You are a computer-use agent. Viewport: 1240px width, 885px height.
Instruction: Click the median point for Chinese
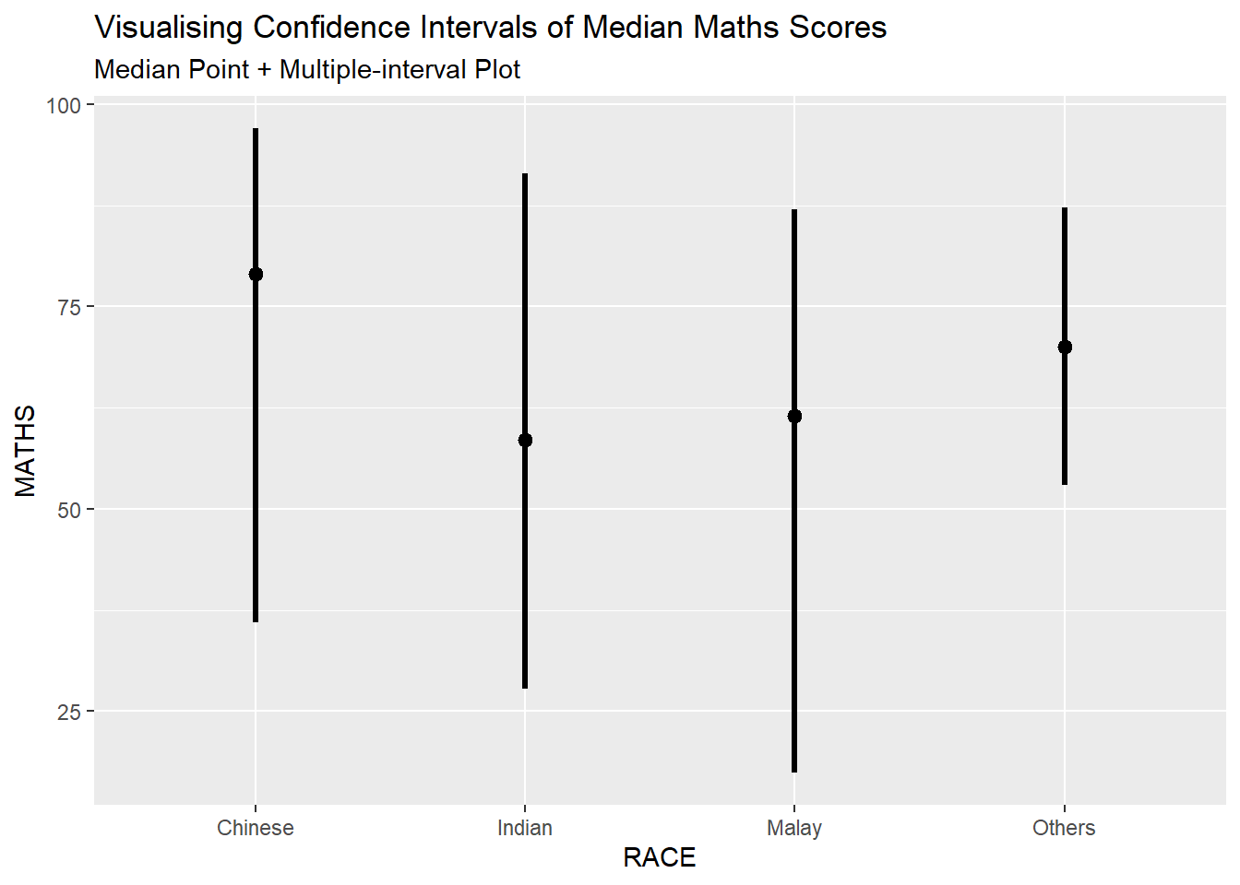tap(256, 274)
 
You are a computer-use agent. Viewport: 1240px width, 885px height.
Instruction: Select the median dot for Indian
tap(525, 440)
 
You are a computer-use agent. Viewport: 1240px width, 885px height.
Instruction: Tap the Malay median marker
tap(794, 416)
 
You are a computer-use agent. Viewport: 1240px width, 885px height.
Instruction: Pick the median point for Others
tap(1065, 347)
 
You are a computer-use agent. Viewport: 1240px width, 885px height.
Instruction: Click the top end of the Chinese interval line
tap(256, 130)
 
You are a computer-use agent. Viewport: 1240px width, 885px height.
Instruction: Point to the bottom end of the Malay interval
tap(794, 771)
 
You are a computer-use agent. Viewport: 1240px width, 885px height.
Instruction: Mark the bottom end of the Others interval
tap(1065, 483)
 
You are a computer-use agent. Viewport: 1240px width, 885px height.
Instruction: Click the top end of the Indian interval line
tap(525, 175)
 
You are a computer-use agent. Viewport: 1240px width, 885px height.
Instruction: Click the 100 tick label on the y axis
tap(64, 105)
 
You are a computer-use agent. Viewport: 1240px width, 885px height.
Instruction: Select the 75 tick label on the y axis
tap(69, 307)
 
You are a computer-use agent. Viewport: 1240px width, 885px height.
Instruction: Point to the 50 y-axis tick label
tap(69, 510)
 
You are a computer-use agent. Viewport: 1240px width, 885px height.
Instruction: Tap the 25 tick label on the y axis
tap(69, 712)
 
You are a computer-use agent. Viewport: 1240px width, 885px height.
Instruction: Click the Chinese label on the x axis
tap(256, 828)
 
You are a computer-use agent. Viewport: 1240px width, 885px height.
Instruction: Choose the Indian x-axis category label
tap(525, 828)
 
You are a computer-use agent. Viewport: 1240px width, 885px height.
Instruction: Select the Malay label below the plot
tap(794, 828)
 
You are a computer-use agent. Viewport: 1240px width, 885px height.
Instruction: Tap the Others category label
tap(1064, 828)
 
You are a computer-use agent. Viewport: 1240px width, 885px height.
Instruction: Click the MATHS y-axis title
tap(26, 451)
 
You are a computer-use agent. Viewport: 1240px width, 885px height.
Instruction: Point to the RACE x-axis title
tap(660, 858)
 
